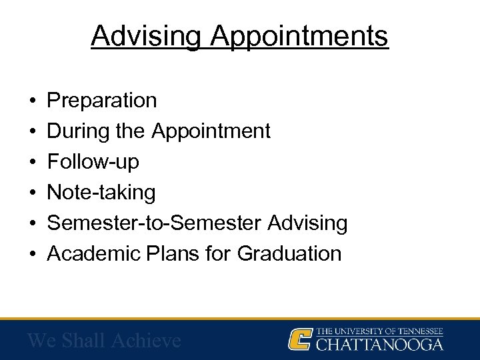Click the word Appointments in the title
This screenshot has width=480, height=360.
point(299,37)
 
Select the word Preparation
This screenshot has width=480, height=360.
point(102,101)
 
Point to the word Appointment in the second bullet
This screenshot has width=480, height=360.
point(211,132)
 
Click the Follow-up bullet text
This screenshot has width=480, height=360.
point(93,162)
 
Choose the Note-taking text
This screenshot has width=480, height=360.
point(101,193)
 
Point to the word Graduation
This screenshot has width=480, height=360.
point(289,253)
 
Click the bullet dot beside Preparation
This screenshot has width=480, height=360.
point(33,101)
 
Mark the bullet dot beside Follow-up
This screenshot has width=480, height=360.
point(33,163)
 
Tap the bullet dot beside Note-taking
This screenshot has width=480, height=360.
point(33,193)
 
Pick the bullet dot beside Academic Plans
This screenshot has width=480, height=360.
point(33,254)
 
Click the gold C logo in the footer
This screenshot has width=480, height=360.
point(300,339)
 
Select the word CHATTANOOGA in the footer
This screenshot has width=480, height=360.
point(379,345)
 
